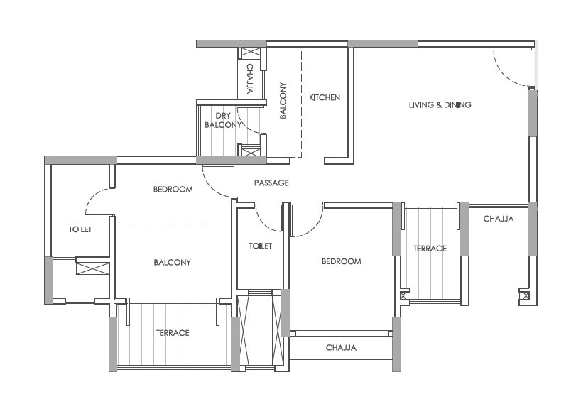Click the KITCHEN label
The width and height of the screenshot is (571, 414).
point(325,97)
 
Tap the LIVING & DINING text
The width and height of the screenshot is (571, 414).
point(440,105)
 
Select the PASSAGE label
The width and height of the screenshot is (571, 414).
point(271,183)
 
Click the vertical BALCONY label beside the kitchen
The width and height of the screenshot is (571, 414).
point(283,101)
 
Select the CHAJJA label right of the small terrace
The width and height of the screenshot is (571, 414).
point(498,219)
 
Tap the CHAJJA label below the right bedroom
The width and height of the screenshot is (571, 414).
point(341,348)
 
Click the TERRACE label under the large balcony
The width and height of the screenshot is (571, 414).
point(173,333)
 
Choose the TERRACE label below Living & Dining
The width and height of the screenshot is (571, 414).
point(430,249)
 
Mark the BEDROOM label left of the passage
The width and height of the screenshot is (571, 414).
point(173,190)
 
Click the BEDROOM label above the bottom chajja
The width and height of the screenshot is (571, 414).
point(341,261)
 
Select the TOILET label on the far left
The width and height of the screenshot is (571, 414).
point(80,229)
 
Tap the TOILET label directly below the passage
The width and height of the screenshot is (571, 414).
point(261,246)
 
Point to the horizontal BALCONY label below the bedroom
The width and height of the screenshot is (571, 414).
point(173,263)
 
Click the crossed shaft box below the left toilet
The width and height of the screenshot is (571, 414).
point(92,268)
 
